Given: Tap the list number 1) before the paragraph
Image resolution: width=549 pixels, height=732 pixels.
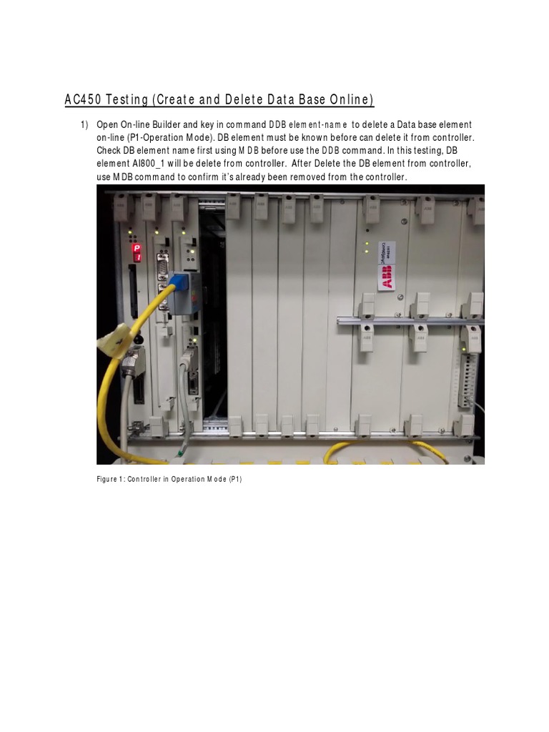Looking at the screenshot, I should tap(84, 125).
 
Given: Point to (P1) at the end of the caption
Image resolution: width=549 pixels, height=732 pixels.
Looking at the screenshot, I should tap(234, 479).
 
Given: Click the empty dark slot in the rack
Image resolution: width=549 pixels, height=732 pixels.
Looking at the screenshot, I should tap(212, 322).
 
